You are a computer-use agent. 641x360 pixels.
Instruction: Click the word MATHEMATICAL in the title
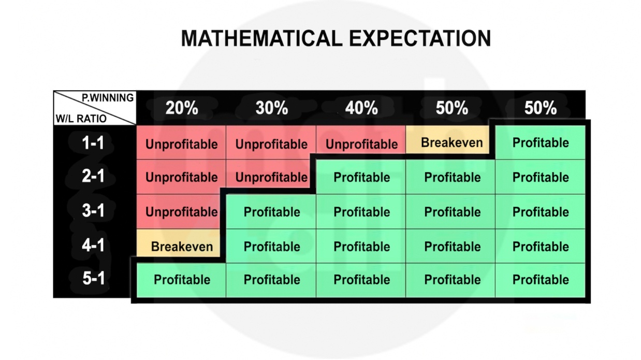[x=261, y=38]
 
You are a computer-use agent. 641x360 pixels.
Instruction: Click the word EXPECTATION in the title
[x=420, y=38]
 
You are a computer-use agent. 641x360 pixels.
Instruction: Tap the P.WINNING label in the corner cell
[x=108, y=98]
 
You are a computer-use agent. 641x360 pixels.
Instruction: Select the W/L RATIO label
[x=81, y=119]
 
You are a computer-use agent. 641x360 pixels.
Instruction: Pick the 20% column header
[x=182, y=108]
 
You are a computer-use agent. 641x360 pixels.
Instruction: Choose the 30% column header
[x=272, y=108]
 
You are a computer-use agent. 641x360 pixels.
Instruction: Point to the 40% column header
[x=361, y=108]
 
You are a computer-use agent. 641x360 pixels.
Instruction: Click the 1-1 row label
[x=93, y=142]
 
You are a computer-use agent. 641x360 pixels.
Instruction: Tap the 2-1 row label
[x=93, y=176]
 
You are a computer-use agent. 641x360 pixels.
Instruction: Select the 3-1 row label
[x=93, y=210]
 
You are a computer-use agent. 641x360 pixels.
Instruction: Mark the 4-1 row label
[x=93, y=245]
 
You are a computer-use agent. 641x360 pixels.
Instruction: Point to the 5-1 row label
[x=94, y=278]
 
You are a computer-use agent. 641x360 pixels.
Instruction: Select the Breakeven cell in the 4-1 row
[x=178, y=243]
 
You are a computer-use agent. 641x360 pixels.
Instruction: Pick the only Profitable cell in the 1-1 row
[x=540, y=142]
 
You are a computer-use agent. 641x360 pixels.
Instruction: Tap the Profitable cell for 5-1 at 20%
[x=181, y=280]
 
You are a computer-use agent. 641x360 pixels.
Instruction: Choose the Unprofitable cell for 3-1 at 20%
[x=179, y=211]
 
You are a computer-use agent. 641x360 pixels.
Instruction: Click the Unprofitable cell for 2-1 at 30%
[x=268, y=174]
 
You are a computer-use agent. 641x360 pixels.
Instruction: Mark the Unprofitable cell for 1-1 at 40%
[x=361, y=140]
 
